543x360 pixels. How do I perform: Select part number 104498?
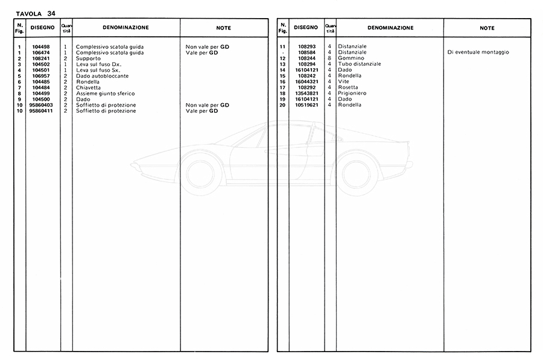click(42, 47)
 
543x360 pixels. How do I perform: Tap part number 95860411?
click(42, 111)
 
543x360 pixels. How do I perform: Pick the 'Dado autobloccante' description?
click(102, 76)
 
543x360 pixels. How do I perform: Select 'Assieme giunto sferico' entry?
click(105, 93)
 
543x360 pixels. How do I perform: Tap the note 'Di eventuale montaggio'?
click(478, 52)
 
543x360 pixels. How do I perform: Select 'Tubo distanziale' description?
click(360, 64)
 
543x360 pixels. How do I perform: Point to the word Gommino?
click(351, 58)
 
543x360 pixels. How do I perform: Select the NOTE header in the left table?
click(223, 28)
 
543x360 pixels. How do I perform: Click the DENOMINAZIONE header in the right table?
click(390, 28)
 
